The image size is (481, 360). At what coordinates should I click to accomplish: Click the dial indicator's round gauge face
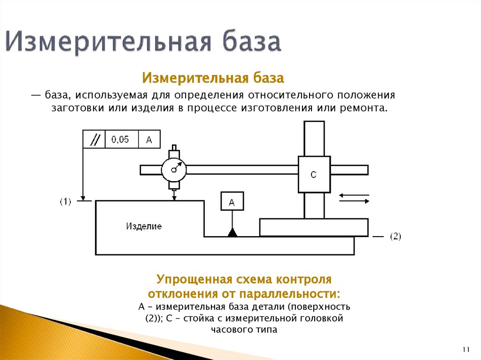[x=174, y=169]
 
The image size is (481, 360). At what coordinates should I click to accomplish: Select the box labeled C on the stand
[x=314, y=175]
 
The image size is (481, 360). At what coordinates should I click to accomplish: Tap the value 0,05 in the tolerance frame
[x=120, y=139]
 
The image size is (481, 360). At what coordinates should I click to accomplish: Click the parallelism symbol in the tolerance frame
[x=94, y=139]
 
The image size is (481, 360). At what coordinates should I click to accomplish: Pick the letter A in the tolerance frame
[x=149, y=139]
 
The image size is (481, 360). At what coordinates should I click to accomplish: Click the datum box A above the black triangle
[x=232, y=202]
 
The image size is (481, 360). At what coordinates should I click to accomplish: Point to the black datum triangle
[x=232, y=232]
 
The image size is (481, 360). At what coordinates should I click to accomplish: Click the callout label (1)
[x=65, y=202]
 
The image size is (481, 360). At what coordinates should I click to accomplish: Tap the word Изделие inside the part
[x=144, y=226]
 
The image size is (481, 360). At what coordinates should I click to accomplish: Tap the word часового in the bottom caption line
[x=229, y=329]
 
